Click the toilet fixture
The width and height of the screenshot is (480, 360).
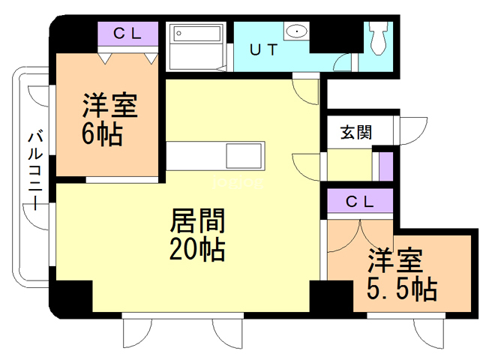tap(379, 38)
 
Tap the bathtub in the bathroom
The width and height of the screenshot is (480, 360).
tap(197, 34)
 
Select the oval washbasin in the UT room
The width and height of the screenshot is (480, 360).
tap(297, 31)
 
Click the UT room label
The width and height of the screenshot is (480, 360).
tap(263, 49)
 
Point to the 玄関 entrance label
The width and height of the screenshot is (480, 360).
tap(356, 132)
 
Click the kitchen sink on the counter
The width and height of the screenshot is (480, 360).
tap(244, 156)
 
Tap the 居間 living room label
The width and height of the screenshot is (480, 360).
tap(197, 220)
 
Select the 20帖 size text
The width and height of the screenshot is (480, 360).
tap(197, 250)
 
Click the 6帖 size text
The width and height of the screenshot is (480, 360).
tap(102, 134)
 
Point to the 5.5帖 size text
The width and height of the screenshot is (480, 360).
tap(402, 288)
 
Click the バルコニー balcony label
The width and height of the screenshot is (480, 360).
tap(35, 170)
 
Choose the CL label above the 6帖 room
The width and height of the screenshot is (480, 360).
tap(127, 33)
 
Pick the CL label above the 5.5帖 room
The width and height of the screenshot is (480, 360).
tap(360, 202)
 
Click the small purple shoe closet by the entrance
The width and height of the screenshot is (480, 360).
tap(386, 166)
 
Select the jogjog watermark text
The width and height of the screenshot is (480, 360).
tap(238, 182)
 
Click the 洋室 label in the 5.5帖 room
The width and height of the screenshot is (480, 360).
tap(395, 260)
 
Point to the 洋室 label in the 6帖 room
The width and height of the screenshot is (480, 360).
tap(110, 106)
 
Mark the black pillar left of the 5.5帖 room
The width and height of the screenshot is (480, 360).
tap(331, 295)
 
